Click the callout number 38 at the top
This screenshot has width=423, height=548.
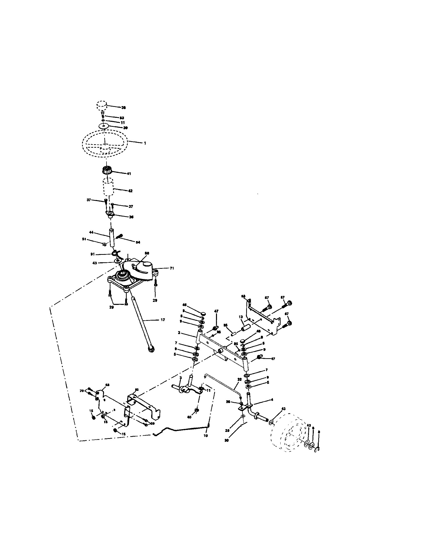click(x=123, y=108)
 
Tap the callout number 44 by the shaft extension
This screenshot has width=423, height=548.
click(x=91, y=232)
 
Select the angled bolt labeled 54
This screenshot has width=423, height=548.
click(x=120, y=236)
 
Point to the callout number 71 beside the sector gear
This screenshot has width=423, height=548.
click(x=172, y=268)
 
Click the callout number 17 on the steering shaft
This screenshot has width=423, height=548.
click(x=163, y=320)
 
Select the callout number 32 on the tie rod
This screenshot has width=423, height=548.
click(x=239, y=386)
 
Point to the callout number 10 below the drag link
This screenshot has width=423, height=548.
click(x=206, y=436)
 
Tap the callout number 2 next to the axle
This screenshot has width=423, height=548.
click(x=179, y=333)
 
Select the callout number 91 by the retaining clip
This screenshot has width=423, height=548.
click(x=93, y=254)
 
